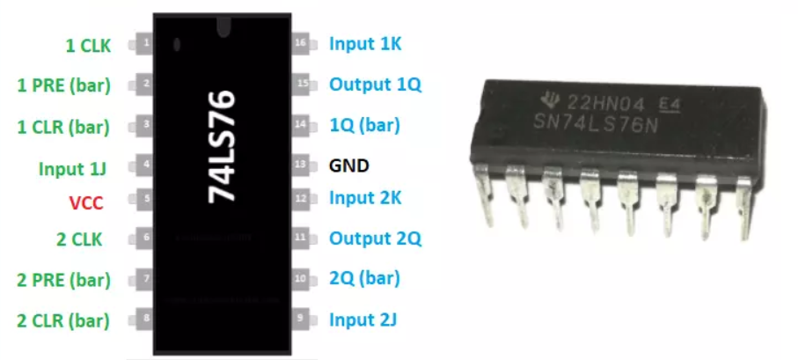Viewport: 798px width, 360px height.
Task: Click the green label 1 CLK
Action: (87, 44)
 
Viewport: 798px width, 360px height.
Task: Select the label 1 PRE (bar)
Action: (63, 85)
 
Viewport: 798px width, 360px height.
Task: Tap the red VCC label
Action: (86, 202)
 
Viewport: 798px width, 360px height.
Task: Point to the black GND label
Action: (348, 165)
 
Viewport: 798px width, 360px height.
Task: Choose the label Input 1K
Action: (365, 43)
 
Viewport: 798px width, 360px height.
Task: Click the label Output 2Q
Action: (376, 238)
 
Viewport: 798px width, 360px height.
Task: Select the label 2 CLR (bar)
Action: (63, 320)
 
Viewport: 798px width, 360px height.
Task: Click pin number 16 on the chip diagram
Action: (301, 43)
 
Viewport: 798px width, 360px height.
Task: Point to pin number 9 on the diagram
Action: (301, 318)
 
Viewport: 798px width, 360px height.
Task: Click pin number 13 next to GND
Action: (301, 165)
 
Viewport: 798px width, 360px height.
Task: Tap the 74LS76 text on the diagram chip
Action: (223, 146)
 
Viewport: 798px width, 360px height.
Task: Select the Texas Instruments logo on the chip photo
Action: (547, 99)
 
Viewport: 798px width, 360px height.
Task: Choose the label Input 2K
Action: (365, 197)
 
